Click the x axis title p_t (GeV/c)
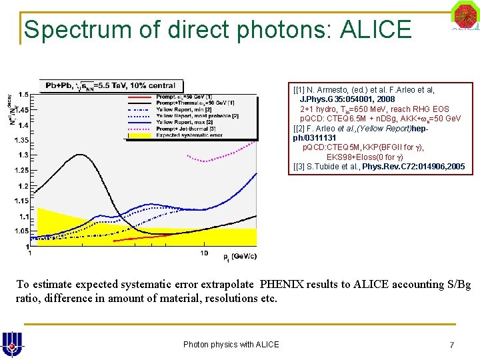tap(240, 256)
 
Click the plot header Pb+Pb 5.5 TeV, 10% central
tap(110, 85)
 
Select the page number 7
tap(451, 344)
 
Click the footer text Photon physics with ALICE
tap(231, 344)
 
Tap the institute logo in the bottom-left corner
tap(11, 343)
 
